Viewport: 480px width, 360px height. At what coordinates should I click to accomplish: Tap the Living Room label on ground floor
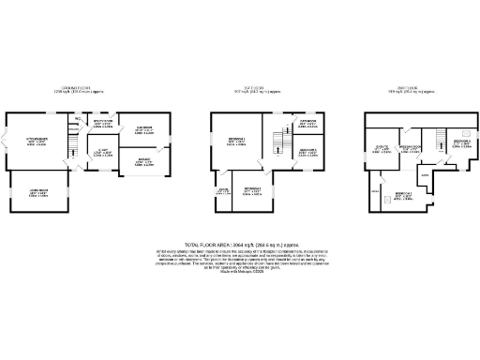(38, 192)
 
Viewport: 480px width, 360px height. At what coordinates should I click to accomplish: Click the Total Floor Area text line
(239, 241)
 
